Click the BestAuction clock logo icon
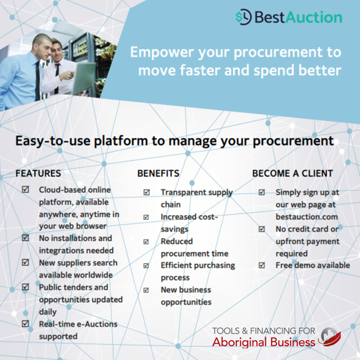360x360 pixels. (243, 17)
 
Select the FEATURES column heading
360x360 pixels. (37, 173)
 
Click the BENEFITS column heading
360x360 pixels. (158, 173)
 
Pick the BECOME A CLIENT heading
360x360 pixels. (292, 173)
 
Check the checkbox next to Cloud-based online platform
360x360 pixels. (25, 189)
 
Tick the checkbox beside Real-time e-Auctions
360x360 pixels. (25, 324)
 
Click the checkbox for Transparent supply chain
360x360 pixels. (147, 192)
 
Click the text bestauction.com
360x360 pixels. (306, 216)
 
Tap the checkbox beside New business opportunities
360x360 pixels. (147, 290)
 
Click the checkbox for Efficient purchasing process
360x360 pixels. (147, 265)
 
